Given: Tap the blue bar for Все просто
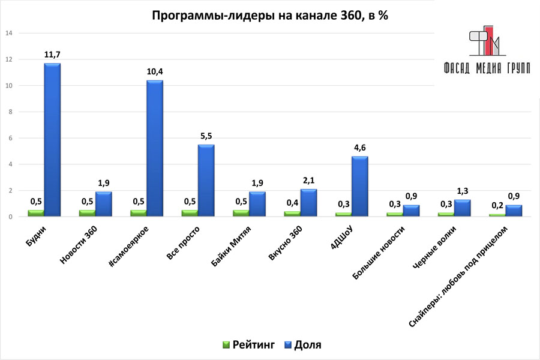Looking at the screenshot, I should pyautogui.click(x=206, y=180).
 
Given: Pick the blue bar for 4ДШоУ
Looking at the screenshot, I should pyautogui.click(x=360, y=186).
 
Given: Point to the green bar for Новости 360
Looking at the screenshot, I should pyautogui.click(x=87, y=213).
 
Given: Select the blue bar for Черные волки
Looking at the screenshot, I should pyautogui.click(x=462, y=208).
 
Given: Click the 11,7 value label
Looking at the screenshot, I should pyautogui.click(x=52, y=55).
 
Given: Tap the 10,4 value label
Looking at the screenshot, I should pyautogui.click(x=155, y=72).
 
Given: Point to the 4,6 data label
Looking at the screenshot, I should pyautogui.click(x=360, y=148).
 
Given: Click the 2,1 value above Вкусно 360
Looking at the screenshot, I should pyautogui.click(x=308, y=181).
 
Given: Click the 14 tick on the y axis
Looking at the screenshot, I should pyautogui.click(x=9, y=34).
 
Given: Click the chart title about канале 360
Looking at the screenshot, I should pyautogui.click(x=269, y=16).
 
